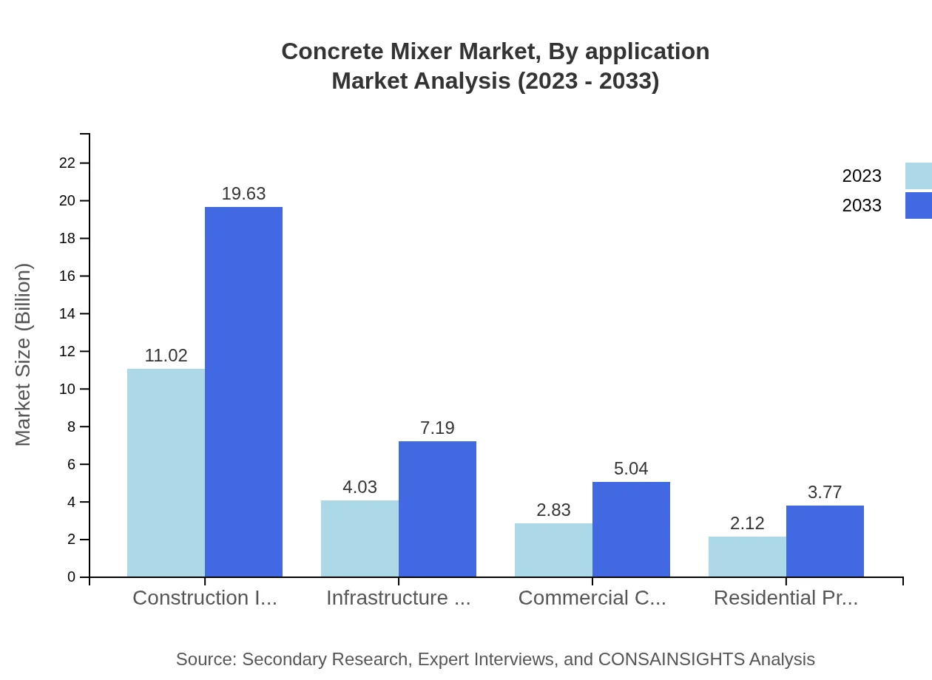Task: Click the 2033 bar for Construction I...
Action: click(243, 392)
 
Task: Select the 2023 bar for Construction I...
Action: click(166, 473)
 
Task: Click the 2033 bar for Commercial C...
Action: click(631, 529)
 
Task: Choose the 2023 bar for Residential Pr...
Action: click(747, 557)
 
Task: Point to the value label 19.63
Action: click(243, 194)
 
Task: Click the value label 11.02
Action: click(166, 356)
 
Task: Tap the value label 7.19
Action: click(437, 428)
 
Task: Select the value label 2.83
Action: click(553, 510)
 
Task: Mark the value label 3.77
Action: click(825, 492)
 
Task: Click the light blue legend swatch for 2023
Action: click(918, 176)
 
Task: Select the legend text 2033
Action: click(862, 205)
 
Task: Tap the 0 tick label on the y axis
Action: click(72, 577)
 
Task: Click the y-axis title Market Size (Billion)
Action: click(24, 355)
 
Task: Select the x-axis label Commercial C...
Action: click(592, 598)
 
